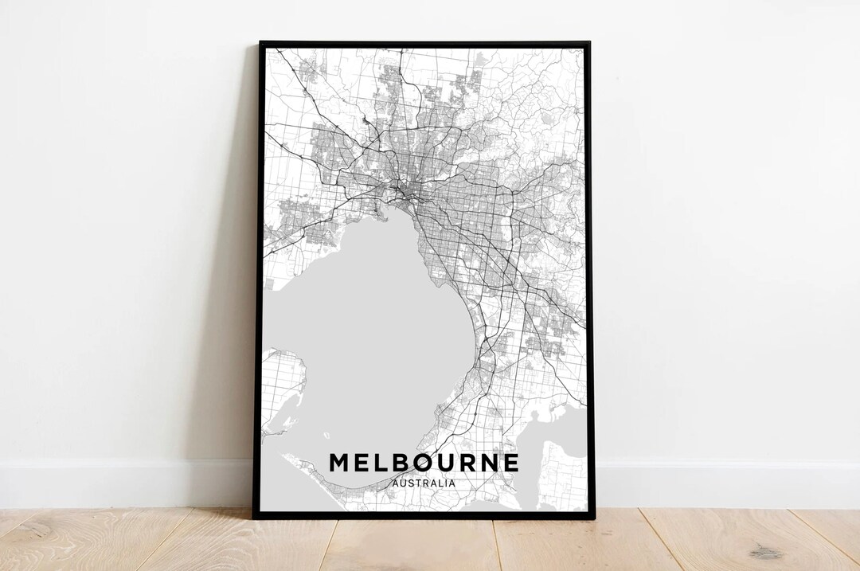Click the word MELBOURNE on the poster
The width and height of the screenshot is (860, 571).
pyautogui.click(x=424, y=463)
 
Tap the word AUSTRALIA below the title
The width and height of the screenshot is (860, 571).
pyautogui.click(x=424, y=483)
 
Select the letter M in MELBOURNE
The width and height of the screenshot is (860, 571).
pyautogui.click(x=339, y=463)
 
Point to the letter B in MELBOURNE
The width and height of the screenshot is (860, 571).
pyautogui.click(x=397, y=463)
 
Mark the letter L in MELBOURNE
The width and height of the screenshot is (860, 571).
pyautogui.click(x=377, y=463)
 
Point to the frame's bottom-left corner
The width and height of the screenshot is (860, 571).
pyautogui.click(x=255, y=518)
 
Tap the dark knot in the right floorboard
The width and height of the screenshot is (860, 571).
pyautogui.click(x=765, y=552)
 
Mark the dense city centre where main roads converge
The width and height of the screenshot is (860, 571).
pyautogui.click(x=407, y=191)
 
